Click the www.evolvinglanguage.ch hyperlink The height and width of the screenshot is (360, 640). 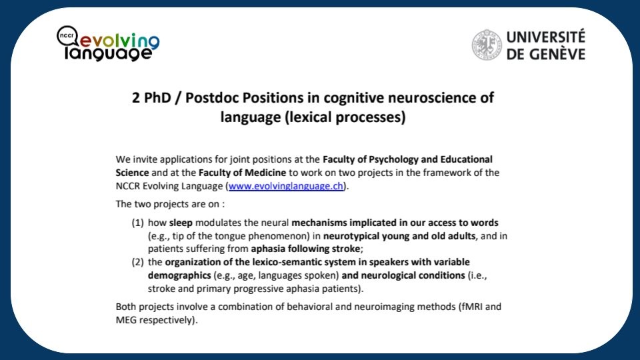click(286, 186)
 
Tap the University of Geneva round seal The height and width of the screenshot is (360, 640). click(487, 45)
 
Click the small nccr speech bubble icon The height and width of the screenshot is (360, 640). click(67, 36)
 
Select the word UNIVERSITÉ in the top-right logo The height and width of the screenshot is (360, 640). click(546, 37)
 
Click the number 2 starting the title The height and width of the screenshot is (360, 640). click(135, 98)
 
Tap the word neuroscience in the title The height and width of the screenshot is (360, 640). click(430, 98)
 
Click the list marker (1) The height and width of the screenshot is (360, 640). click(137, 223)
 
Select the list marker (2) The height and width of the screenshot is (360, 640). click(137, 262)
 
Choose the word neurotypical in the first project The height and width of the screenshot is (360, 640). click(350, 236)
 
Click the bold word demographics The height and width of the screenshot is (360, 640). click(179, 275)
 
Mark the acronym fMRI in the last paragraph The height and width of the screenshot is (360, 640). click(472, 307)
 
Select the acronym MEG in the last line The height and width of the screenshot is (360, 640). click(126, 320)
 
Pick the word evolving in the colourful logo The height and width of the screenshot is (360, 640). click(119, 41)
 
